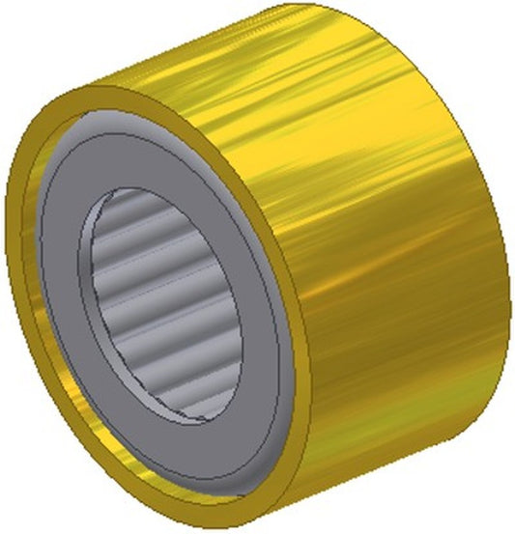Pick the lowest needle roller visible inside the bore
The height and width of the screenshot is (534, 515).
(x=184, y=396)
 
